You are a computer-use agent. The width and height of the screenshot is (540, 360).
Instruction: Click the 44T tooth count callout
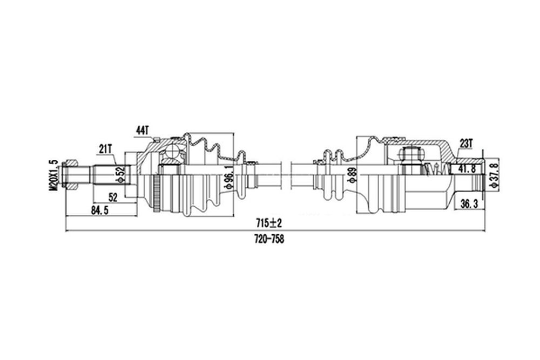click(x=142, y=131)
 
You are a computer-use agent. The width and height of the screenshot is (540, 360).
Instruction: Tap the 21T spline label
click(x=105, y=149)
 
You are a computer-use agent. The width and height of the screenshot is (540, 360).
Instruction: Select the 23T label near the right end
click(x=466, y=144)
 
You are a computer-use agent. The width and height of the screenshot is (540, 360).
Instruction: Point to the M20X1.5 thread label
click(x=53, y=175)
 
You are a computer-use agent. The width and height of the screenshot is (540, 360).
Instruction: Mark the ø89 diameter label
click(x=352, y=175)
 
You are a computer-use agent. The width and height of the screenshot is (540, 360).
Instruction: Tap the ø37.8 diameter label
click(x=495, y=175)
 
